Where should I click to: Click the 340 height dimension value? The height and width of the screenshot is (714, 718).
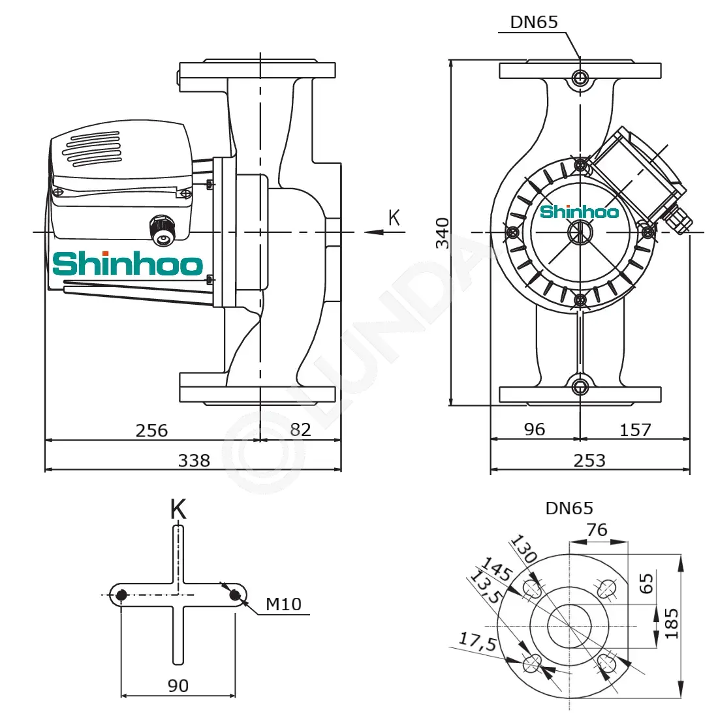[x=443, y=233]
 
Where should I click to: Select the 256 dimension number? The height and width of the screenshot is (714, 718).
[x=151, y=431]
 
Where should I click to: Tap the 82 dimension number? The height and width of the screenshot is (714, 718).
[x=300, y=429]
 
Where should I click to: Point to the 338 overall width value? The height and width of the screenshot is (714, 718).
[x=194, y=460]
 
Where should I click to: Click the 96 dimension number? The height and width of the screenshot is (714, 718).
[x=535, y=429]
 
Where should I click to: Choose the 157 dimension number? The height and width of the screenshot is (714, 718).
[x=635, y=430]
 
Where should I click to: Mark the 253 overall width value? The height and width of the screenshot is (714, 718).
[x=590, y=460]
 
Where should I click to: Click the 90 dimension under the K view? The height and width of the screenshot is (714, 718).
[x=178, y=685]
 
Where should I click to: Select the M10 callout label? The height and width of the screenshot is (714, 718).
[x=284, y=604]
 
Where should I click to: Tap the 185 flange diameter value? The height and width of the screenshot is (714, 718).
[x=671, y=623]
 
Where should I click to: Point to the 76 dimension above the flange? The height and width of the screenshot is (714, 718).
[x=597, y=530]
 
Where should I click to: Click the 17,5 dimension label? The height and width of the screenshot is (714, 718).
[x=478, y=641]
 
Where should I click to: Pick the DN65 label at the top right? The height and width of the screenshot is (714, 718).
[x=534, y=22]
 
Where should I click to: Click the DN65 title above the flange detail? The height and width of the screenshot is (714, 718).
[x=569, y=508]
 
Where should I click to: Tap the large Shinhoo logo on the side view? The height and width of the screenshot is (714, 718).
[x=128, y=263]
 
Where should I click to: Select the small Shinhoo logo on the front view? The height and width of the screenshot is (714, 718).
[x=579, y=211]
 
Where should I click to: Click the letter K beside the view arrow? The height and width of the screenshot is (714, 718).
[x=394, y=217]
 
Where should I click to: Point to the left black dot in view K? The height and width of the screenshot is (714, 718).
[x=121, y=595]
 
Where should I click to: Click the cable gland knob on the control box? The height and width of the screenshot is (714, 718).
[x=162, y=230]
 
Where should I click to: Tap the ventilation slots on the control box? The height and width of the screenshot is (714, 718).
[x=93, y=149]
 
